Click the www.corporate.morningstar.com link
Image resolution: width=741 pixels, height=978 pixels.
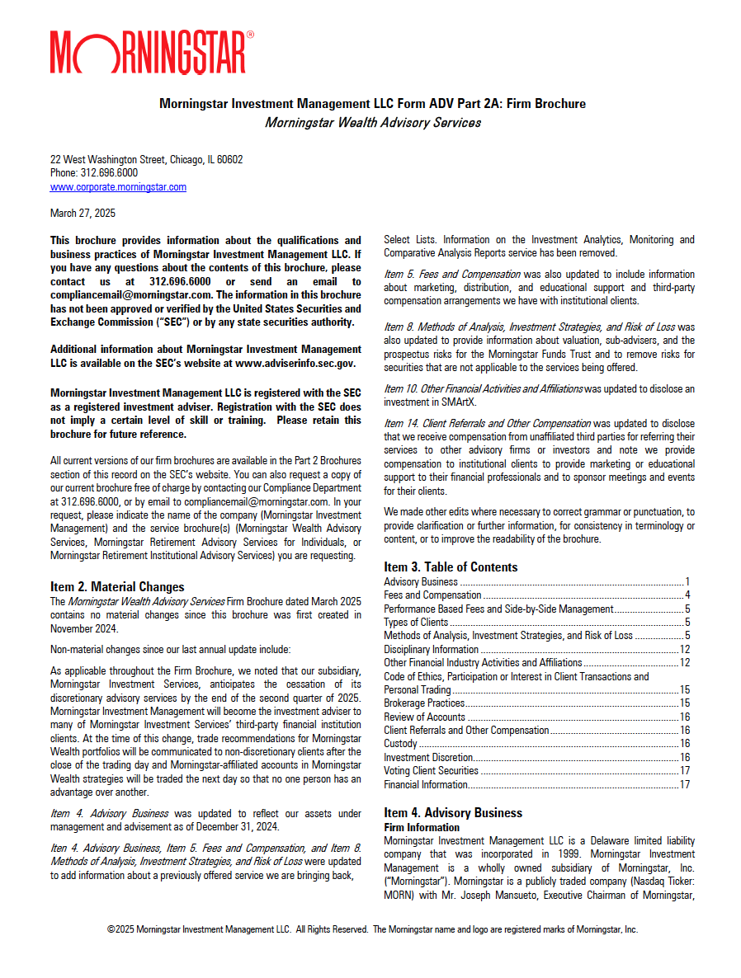click(118, 187)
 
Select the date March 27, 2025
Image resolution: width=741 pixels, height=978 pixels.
click(83, 214)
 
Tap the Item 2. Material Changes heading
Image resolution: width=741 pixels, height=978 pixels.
click(117, 587)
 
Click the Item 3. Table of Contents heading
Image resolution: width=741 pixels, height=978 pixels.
click(451, 567)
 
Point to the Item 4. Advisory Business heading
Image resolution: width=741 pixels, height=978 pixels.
click(453, 813)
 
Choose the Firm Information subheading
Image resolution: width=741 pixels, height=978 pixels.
click(422, 827)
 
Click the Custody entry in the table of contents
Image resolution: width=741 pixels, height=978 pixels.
click(401, 744)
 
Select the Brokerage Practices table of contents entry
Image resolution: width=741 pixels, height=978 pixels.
click(424, 703)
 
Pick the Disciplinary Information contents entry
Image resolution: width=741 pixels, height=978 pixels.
click(431, 649)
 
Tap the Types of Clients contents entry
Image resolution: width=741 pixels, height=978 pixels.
click(416, 623)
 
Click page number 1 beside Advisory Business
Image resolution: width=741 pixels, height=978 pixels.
click(687, 582)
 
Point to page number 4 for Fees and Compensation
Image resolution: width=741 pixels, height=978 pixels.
click(687, 595)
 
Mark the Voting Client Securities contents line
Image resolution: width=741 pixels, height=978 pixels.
click(431, 771)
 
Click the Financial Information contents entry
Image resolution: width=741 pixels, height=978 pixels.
click(426, 784)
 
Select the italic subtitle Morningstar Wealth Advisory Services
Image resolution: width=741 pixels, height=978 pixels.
click(372, 123)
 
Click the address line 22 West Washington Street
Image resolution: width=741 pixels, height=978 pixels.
click(146, 160)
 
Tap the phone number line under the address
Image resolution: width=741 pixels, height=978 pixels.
click(94, 173)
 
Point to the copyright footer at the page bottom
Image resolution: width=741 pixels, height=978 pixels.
click(372, 929)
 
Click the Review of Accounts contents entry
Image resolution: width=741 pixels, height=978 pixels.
click(424, 717)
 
